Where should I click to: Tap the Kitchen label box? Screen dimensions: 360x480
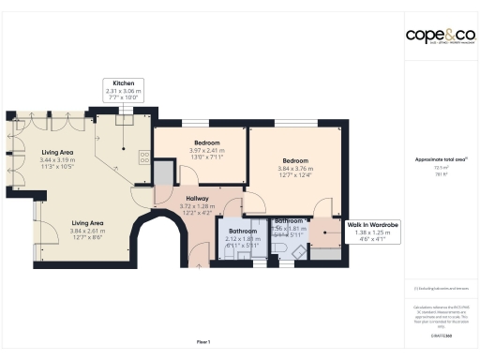(125, 89)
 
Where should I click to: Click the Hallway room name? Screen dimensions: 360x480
(197, 199)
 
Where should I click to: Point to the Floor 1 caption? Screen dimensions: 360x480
(203, 343)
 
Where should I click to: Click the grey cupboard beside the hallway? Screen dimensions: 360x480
(164, 172)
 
